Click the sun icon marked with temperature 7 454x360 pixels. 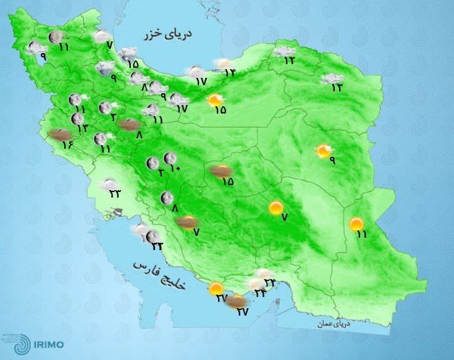coord(276,208)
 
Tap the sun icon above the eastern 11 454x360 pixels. coord(356,224)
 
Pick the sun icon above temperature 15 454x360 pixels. coord(215,99)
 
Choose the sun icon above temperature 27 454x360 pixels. coord(216,288)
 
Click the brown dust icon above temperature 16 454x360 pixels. coord(59,134)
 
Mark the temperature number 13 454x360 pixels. coord(82,128)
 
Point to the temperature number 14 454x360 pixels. coord(230,72)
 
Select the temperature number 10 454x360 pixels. coord(174,169)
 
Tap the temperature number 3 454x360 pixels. coord(114,117)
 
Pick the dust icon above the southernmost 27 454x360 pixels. coord(238,301)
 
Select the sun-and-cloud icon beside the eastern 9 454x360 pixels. coord(323,151)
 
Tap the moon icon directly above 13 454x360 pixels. coord(78,118)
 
